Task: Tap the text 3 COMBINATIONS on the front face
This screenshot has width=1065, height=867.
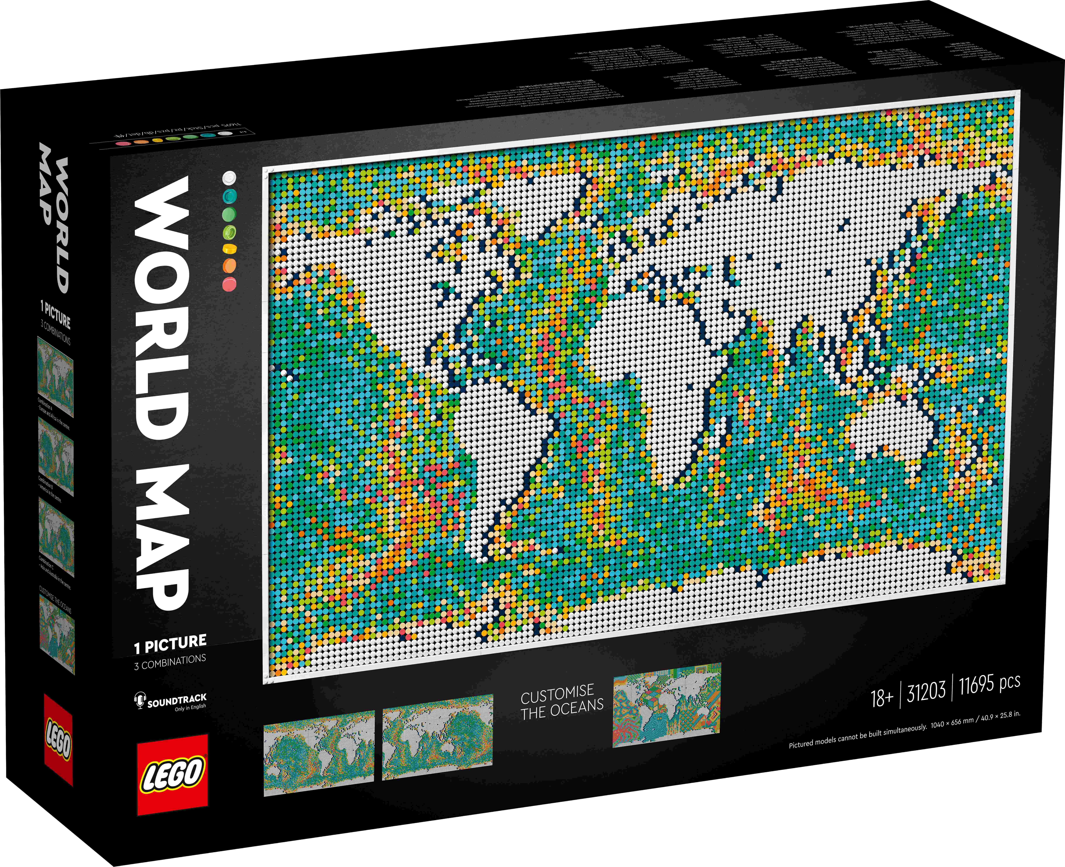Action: click(170, 662)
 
